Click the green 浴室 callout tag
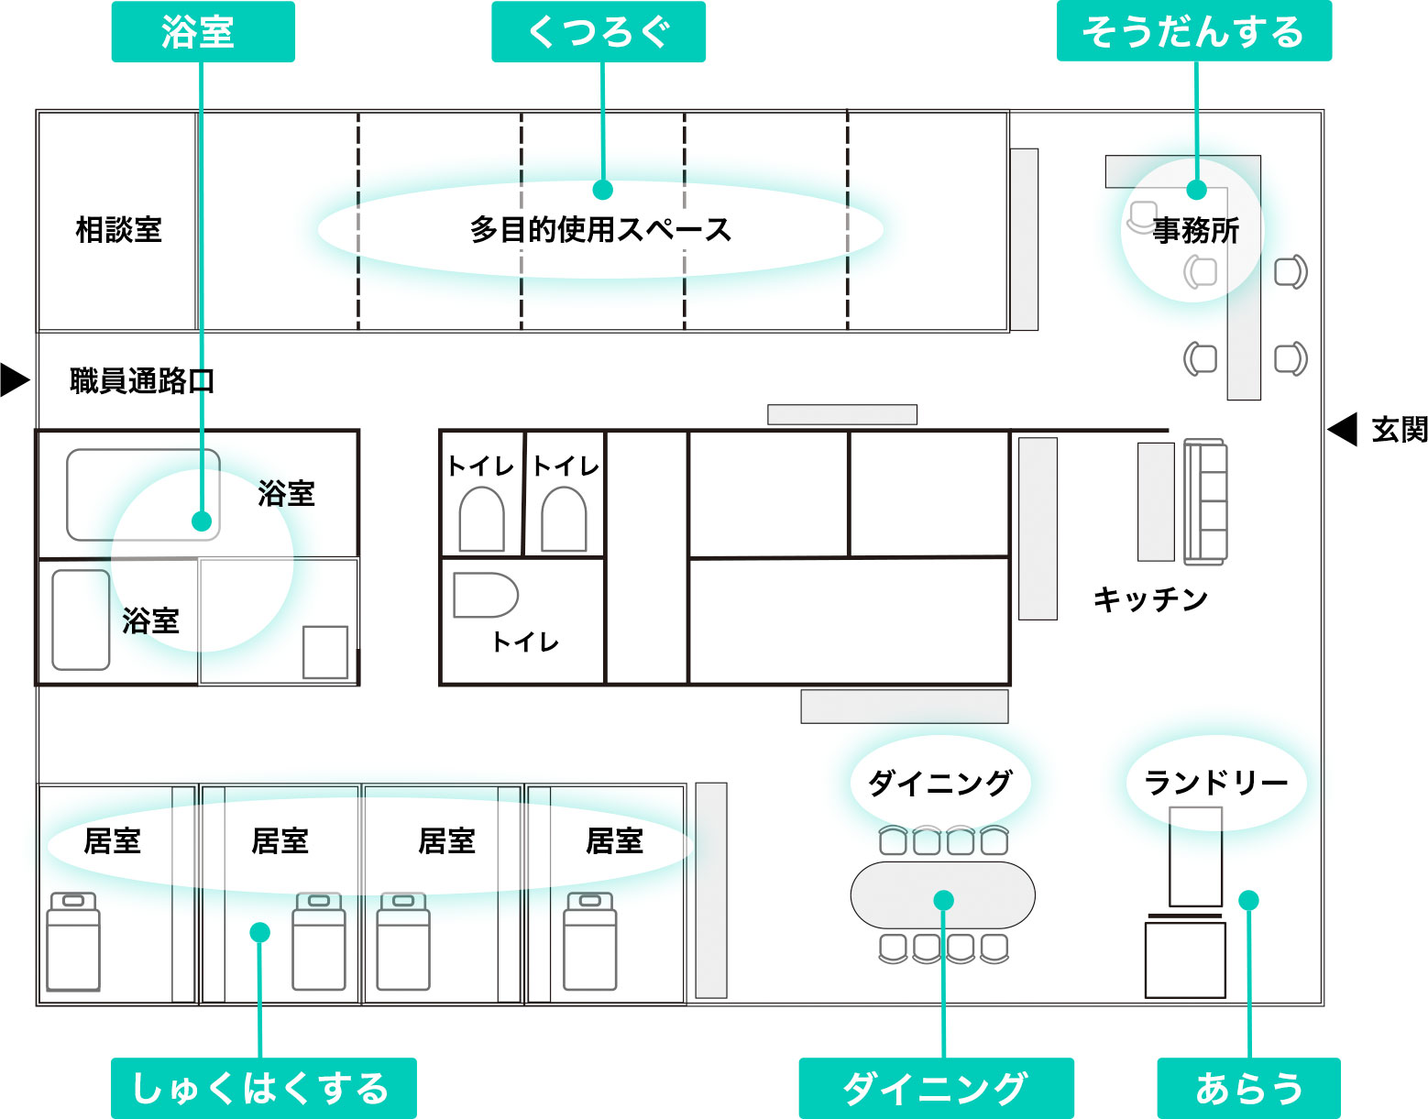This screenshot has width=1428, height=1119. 203,32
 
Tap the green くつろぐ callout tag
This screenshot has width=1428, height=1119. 599,32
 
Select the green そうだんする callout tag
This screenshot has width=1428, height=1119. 1193,32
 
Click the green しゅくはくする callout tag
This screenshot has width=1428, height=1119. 263,1088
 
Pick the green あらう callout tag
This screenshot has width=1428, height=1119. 1248,1088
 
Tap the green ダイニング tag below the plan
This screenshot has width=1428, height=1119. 936,1088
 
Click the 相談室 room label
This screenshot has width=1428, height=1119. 118,229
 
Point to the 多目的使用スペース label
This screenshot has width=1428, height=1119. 600,229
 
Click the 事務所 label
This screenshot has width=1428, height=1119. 1195,230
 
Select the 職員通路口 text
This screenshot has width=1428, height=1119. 142,380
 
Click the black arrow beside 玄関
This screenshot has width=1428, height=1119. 1343,429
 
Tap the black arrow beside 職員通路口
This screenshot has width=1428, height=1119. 15,379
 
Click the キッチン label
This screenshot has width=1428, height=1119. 1150,599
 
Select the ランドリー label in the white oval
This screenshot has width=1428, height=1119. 1216,783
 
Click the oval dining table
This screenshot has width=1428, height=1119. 942,894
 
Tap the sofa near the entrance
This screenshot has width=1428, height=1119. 1204,501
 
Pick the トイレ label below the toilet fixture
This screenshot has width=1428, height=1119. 525,642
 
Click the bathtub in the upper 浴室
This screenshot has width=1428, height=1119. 143,494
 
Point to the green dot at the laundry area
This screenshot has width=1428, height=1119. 1248,900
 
